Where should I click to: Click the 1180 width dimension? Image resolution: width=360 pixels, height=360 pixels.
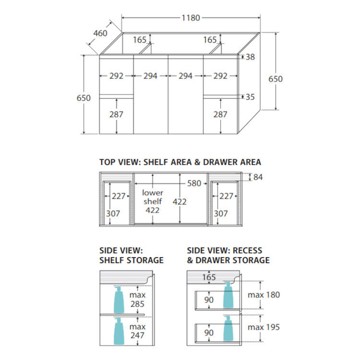click(191, 18)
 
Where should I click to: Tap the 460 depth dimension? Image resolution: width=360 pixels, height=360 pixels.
click(100, 33)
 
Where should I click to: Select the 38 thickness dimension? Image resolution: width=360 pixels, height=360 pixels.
click(250, 57)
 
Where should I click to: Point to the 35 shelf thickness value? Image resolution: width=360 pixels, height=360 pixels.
click(250, 97)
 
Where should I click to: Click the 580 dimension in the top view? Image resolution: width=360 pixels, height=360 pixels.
click(194, 183)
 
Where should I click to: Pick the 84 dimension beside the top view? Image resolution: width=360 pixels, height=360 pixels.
click(258, 177)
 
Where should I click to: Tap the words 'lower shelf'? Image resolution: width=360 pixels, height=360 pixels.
click(153, 197)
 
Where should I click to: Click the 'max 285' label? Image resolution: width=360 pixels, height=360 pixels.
click(137, 300)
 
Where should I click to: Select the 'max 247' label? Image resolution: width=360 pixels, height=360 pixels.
click(137, 331)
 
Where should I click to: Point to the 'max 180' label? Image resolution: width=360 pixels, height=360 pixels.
click(264, 295)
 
